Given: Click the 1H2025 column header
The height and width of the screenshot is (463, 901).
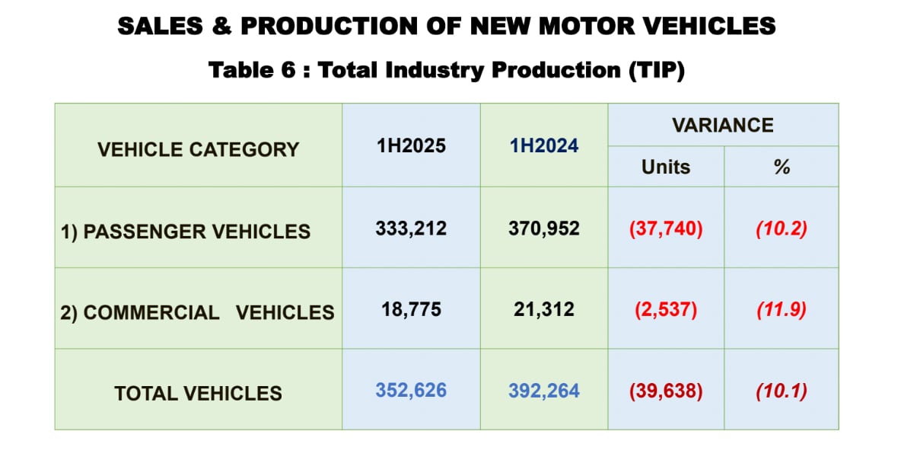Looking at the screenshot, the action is [x=411, y=145].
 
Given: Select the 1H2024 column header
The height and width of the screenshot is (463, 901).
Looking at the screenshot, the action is [x=544, y=145].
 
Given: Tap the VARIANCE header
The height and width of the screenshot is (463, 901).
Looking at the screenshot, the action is [x=723, y=125].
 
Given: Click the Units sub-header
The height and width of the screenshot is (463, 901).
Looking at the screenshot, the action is [x=665, y=167].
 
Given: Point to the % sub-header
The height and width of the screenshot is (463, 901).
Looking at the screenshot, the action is [x=782, y=167].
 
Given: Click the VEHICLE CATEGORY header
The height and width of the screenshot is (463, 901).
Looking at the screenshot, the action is [x=199, y=149].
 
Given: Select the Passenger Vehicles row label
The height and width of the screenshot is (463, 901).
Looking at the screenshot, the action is [x=185, y=231].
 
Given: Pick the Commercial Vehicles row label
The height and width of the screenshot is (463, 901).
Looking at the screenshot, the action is [x=197, y=312].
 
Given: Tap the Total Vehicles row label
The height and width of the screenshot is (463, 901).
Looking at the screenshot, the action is [x=199, y=394].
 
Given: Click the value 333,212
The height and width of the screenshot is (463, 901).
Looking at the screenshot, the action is [x=411, y=228].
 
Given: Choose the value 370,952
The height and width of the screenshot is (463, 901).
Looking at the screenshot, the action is [x=544, y=228].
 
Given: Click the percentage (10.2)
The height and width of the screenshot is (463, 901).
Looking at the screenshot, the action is [x=782, y=229].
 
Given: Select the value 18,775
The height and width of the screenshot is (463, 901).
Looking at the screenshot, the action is [x=412, y=309].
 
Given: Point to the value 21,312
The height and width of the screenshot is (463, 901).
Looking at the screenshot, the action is [x=544, y=309].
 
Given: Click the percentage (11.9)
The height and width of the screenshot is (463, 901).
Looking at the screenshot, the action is [x=782, y=310].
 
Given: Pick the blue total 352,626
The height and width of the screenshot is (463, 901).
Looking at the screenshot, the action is [x=411, y=391].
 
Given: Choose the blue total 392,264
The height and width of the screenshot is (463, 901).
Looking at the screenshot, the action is [x=544, y=391].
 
